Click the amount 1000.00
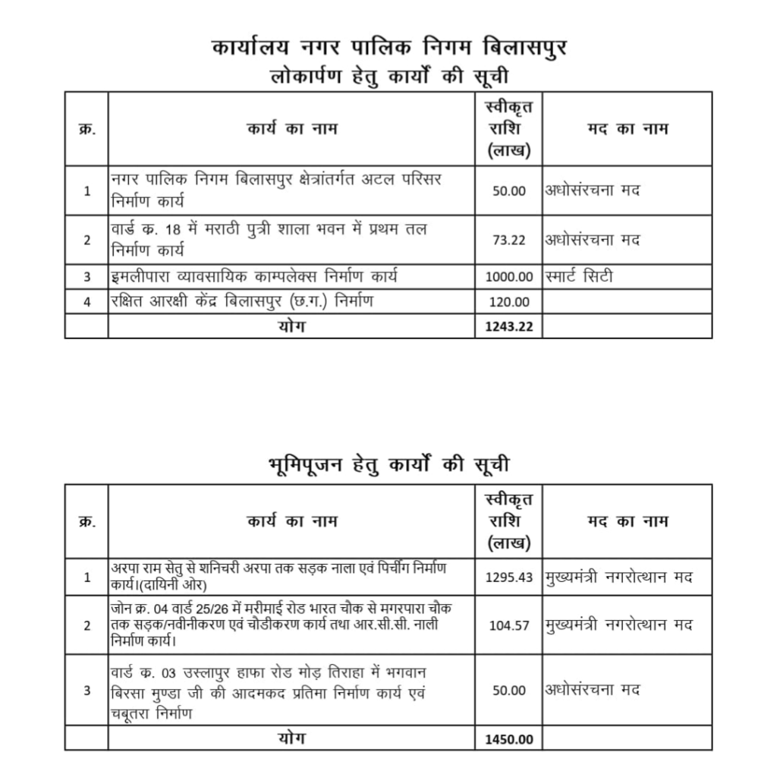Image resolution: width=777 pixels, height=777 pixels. pos(509,277)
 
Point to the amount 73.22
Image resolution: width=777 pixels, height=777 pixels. pos(509,240)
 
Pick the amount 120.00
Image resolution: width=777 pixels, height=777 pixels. pos(509,302)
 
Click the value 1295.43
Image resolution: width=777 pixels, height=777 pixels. pos(509,577)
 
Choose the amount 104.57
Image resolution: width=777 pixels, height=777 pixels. pos(509,626)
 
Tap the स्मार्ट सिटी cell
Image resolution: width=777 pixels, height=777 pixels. pos(579,277)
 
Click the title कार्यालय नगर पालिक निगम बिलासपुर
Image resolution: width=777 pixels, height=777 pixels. pos(389,48)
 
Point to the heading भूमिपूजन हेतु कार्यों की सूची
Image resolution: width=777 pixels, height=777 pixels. pos(389,464)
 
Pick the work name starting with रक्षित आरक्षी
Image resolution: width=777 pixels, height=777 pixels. pos(242,302)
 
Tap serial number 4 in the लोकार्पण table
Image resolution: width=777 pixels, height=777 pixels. pos(87,302)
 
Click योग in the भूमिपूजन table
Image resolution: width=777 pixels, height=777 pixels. pos(291,738)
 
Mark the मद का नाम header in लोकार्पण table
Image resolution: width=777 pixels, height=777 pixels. pos(628,128)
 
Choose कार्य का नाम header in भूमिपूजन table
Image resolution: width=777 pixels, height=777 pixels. pos(291,521)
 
